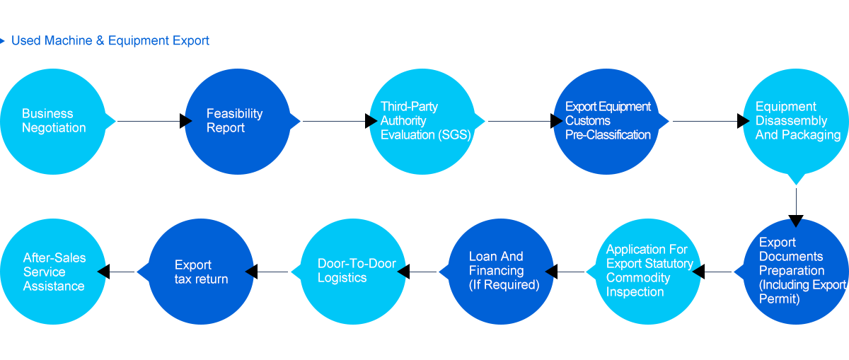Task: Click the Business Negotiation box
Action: (53, 121)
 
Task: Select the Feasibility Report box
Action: (237, 121)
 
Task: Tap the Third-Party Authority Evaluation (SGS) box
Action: (422, 121)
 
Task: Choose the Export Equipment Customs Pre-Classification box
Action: (606, 121)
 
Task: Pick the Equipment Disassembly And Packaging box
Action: (795, 121)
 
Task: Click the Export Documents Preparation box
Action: (795, 271)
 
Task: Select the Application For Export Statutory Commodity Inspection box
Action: (647, 271)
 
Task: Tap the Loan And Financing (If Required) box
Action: (500, 271)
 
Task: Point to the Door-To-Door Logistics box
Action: (352, 271)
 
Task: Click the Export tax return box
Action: (200, 271)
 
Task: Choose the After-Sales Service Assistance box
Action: (53, 271)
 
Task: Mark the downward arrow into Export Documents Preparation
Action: (796, 205)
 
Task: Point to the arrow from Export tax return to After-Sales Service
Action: (120, 271)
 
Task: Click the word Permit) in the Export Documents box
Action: (780, 299)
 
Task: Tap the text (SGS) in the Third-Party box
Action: (454, 135)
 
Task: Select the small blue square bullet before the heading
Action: (3, 40)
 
